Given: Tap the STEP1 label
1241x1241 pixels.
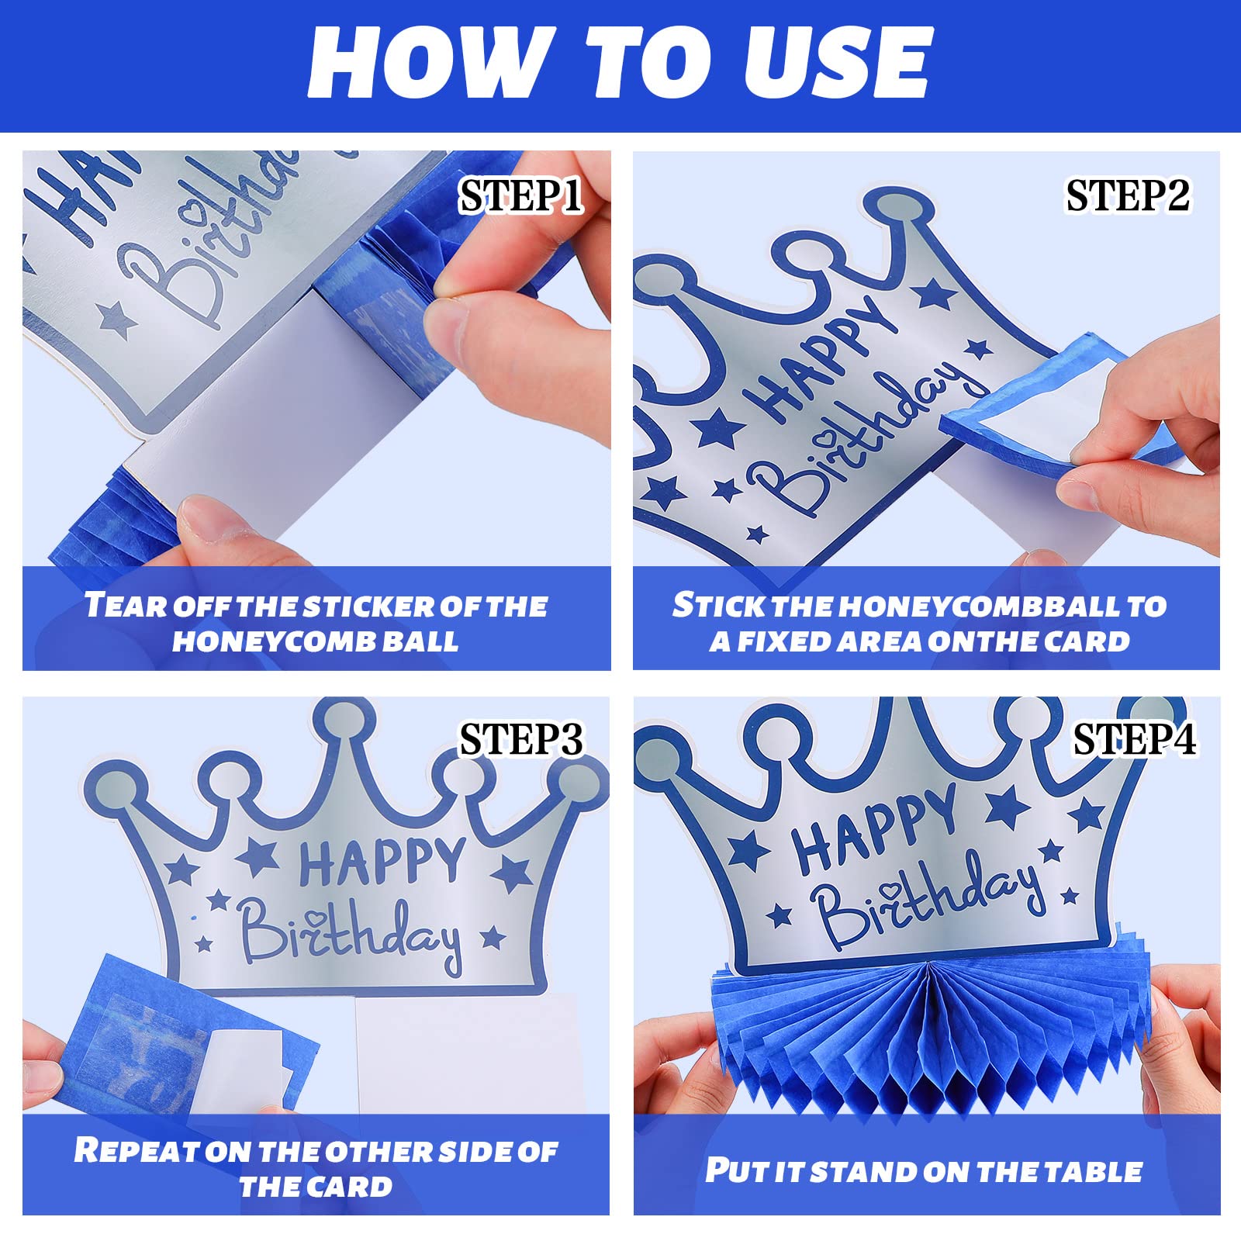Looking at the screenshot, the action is coord(520,195).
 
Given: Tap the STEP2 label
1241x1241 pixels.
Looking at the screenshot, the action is coord(1128,195).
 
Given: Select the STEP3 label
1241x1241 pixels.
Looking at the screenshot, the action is coord(520,740).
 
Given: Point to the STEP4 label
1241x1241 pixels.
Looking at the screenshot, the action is coord(1134,740).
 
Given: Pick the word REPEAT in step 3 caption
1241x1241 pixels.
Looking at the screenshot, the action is coord(136,1150).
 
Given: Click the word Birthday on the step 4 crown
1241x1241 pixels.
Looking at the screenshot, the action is coord(927,904).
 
